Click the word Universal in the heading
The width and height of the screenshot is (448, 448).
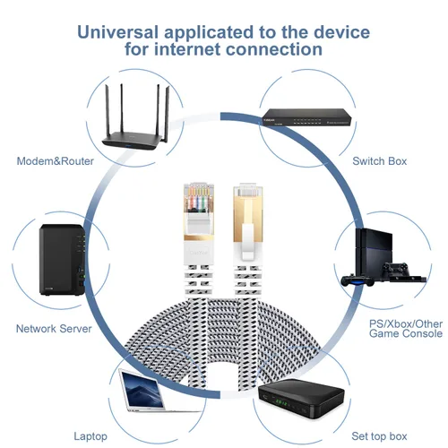coord(117,32)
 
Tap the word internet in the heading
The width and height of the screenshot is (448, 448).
coord(187,49)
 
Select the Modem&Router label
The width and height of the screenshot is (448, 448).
coord(56,161)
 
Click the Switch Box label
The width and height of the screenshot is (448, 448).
coord(380,161)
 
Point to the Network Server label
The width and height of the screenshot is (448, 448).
coord(54,329)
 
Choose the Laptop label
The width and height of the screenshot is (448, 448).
coord(90,436)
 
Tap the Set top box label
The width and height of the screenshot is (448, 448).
coord(379,436)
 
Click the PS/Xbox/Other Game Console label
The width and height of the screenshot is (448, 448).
coord(406,329)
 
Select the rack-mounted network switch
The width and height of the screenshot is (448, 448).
coord(306,117)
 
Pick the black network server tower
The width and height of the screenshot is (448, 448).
coord(63,260)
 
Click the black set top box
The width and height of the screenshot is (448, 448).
coord(301,399)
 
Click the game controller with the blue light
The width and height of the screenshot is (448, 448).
coord(358,281)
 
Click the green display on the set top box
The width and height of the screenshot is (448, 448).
coord(280,403)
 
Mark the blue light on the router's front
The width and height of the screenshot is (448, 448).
coord(128,146)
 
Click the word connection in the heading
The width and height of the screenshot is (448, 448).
coord(274,49)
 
